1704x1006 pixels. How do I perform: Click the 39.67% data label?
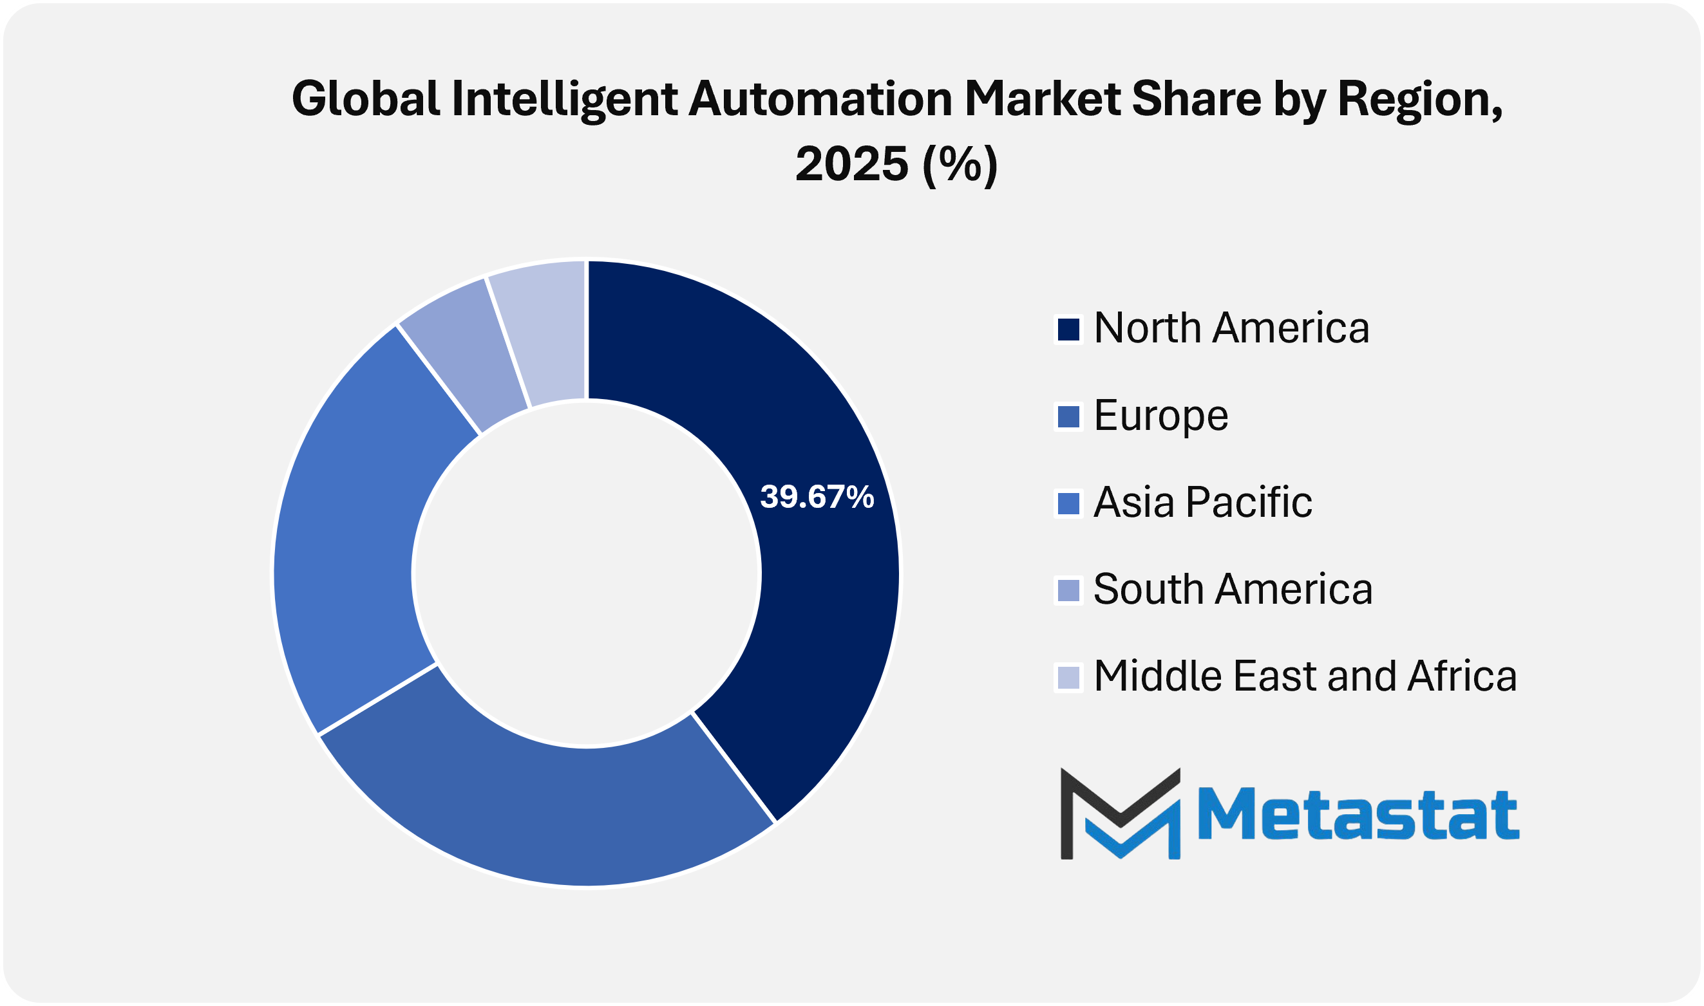(817, 498)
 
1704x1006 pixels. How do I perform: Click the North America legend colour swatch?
(1068, 330)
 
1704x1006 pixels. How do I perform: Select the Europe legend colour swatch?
(1068, 416)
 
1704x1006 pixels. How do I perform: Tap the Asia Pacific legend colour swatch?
(1068, 504)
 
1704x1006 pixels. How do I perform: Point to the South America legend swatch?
(1068, 590)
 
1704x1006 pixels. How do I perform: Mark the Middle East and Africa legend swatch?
(1068, 677)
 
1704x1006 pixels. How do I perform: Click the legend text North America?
(1231, 329)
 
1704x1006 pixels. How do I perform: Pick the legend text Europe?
(1160, 416)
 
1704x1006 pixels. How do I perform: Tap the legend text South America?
(1233, 590)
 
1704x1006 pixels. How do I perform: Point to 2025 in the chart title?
(851, 164)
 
